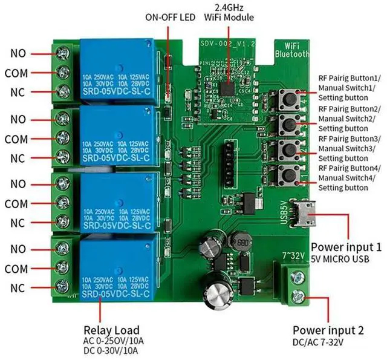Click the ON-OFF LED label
click(x=170, y=17)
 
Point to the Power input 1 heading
click(x=346, y=247)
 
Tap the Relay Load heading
click(x=111, y=330)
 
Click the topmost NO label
click(x=18, y=54)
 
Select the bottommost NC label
click(x=18, y=287)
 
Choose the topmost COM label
click(x=16, y=73)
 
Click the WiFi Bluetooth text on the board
click(x=292, y=50)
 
